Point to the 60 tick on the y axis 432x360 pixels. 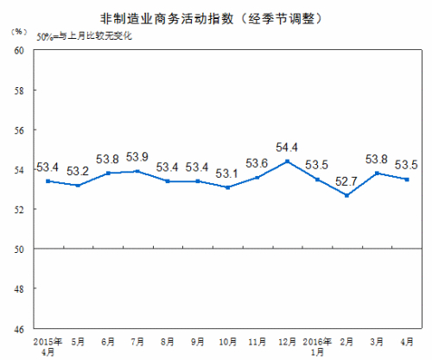pos(17,51)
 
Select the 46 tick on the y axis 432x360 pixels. pos(17,329)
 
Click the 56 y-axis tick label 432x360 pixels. pos(17,130)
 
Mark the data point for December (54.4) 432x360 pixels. pos(288,161)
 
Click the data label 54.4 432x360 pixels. pos(288,147)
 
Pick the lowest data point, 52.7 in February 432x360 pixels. pos(346,195)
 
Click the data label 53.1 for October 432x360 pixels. pos(227,173)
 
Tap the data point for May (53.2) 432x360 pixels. pos(79,185)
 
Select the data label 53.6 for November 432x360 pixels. pos(257,162)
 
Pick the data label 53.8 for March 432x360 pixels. pos(378,159)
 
